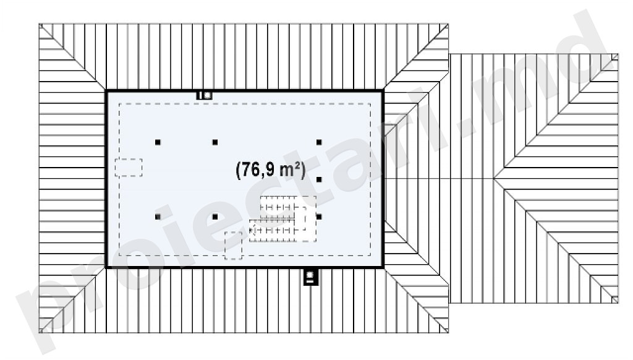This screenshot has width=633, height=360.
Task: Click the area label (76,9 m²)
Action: (271, 169)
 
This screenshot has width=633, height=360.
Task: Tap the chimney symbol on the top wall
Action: (204, 95)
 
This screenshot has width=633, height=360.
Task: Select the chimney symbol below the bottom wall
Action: (310, 276)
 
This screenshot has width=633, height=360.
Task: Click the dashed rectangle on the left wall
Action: (129, 167)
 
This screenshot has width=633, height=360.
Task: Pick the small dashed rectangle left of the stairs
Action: (233, 245)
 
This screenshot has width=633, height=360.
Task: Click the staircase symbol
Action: (283, 219)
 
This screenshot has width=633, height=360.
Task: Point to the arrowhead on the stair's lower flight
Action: (252, 230)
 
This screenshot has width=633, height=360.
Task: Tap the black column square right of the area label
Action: (319, 179)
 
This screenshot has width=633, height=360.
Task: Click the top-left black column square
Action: (158, 142)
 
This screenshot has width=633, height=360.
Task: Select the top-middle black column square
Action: (215, 142)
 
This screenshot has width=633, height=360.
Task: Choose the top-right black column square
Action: (319, 142)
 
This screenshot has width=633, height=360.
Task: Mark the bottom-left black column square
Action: (158, 217)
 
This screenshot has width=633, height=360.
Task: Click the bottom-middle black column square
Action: (215, 217)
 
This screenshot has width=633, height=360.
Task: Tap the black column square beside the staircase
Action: (319, 217)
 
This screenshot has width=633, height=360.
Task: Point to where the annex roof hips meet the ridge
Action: (494, 179)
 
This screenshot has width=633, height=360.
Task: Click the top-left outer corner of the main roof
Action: (39, 24)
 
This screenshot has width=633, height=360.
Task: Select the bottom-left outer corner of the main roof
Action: (39, 333)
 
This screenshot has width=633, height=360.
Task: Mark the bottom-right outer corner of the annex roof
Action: (618, 303)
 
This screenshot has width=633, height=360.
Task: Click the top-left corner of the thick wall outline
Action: (106, 92)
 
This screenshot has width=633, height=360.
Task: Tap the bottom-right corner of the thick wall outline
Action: (383, 267)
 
